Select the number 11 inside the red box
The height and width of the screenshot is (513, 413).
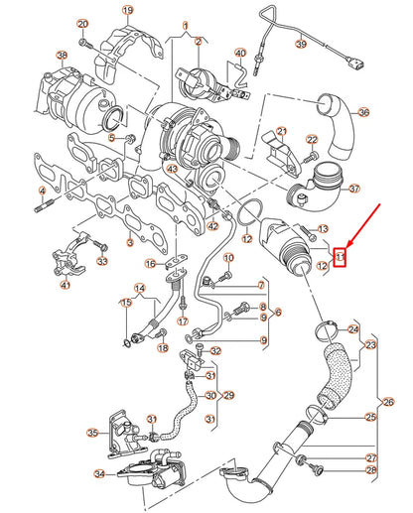(x=340, y=258)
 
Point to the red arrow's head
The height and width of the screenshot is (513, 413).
(x=344, y=245)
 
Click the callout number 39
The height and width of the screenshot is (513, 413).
(x=301, y=45)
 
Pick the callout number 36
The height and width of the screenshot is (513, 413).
(x=362, y=112)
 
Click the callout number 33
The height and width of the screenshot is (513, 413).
(x=101, y=262)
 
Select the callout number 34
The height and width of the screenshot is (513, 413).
(x=99, y=475)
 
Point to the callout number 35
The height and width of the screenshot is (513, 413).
(x=91, y=434)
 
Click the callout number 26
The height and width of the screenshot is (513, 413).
(x=387, y=402)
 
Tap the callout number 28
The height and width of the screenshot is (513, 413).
(x=371, y=471)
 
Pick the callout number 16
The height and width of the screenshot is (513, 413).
(x=150, y=264)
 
